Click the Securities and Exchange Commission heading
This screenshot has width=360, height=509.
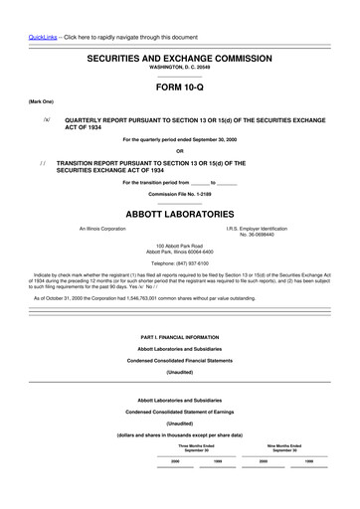point(180,60)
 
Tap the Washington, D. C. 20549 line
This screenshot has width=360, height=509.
point(180,72)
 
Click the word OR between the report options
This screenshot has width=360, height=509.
point(180,150)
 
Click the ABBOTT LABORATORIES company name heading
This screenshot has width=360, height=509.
point(180,214)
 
